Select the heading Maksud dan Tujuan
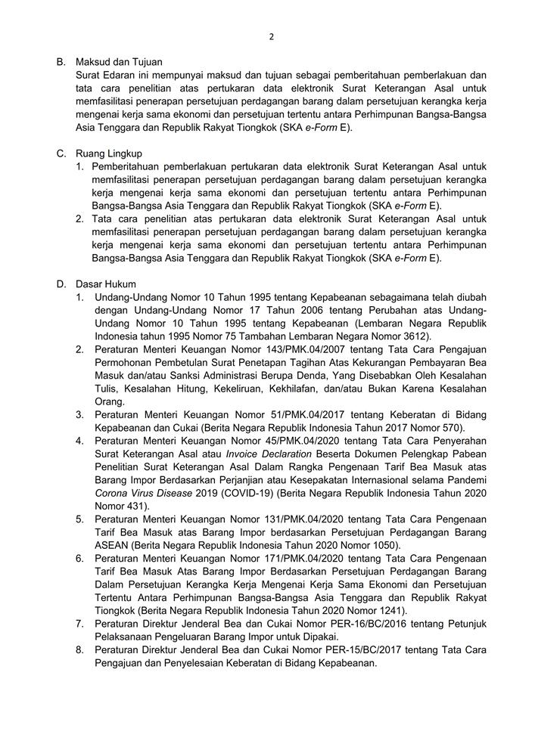click(119, 61)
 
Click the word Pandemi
click(465, 480)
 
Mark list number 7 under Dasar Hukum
click(79, 624)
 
